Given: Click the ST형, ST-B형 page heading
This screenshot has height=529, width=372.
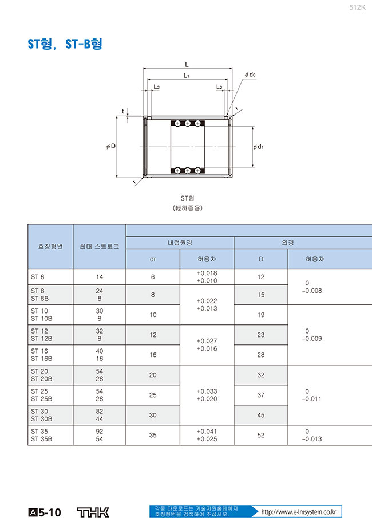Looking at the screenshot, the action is [65, 44].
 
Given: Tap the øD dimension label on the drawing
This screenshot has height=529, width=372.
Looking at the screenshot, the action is [111, 146].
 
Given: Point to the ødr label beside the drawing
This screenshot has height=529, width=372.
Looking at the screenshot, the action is [259, 147].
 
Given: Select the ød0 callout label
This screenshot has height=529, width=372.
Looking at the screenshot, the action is [250, 75].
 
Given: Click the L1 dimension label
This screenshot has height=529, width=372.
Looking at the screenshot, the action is [187, 76].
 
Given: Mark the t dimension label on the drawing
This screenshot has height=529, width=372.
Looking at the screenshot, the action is [123, 111].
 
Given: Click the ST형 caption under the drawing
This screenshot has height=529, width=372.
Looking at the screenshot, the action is [187, 198].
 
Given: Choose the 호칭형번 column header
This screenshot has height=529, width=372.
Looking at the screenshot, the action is [50, 246].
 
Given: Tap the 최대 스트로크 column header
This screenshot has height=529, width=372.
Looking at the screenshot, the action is [100, 246].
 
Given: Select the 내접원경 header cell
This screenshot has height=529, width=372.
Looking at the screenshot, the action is [180, 242].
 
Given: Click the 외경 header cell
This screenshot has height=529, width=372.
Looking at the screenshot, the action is [288, 242].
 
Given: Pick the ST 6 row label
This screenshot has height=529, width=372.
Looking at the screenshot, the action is [37, 277].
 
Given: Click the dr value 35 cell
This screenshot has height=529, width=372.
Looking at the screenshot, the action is [153, 435].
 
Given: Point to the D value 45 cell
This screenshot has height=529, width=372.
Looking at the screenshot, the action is [261, 415].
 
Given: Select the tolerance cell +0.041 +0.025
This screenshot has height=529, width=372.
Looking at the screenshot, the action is [207, 435].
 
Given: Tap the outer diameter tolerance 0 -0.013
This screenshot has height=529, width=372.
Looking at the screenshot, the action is [312, 435].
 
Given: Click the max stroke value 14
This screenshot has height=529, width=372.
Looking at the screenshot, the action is [100, 277].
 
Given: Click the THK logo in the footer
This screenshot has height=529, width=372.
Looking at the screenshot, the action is [93, 512].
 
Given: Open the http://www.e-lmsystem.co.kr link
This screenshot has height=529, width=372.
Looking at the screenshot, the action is [299, 512].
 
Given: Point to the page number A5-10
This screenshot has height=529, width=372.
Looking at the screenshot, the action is [45, 512].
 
